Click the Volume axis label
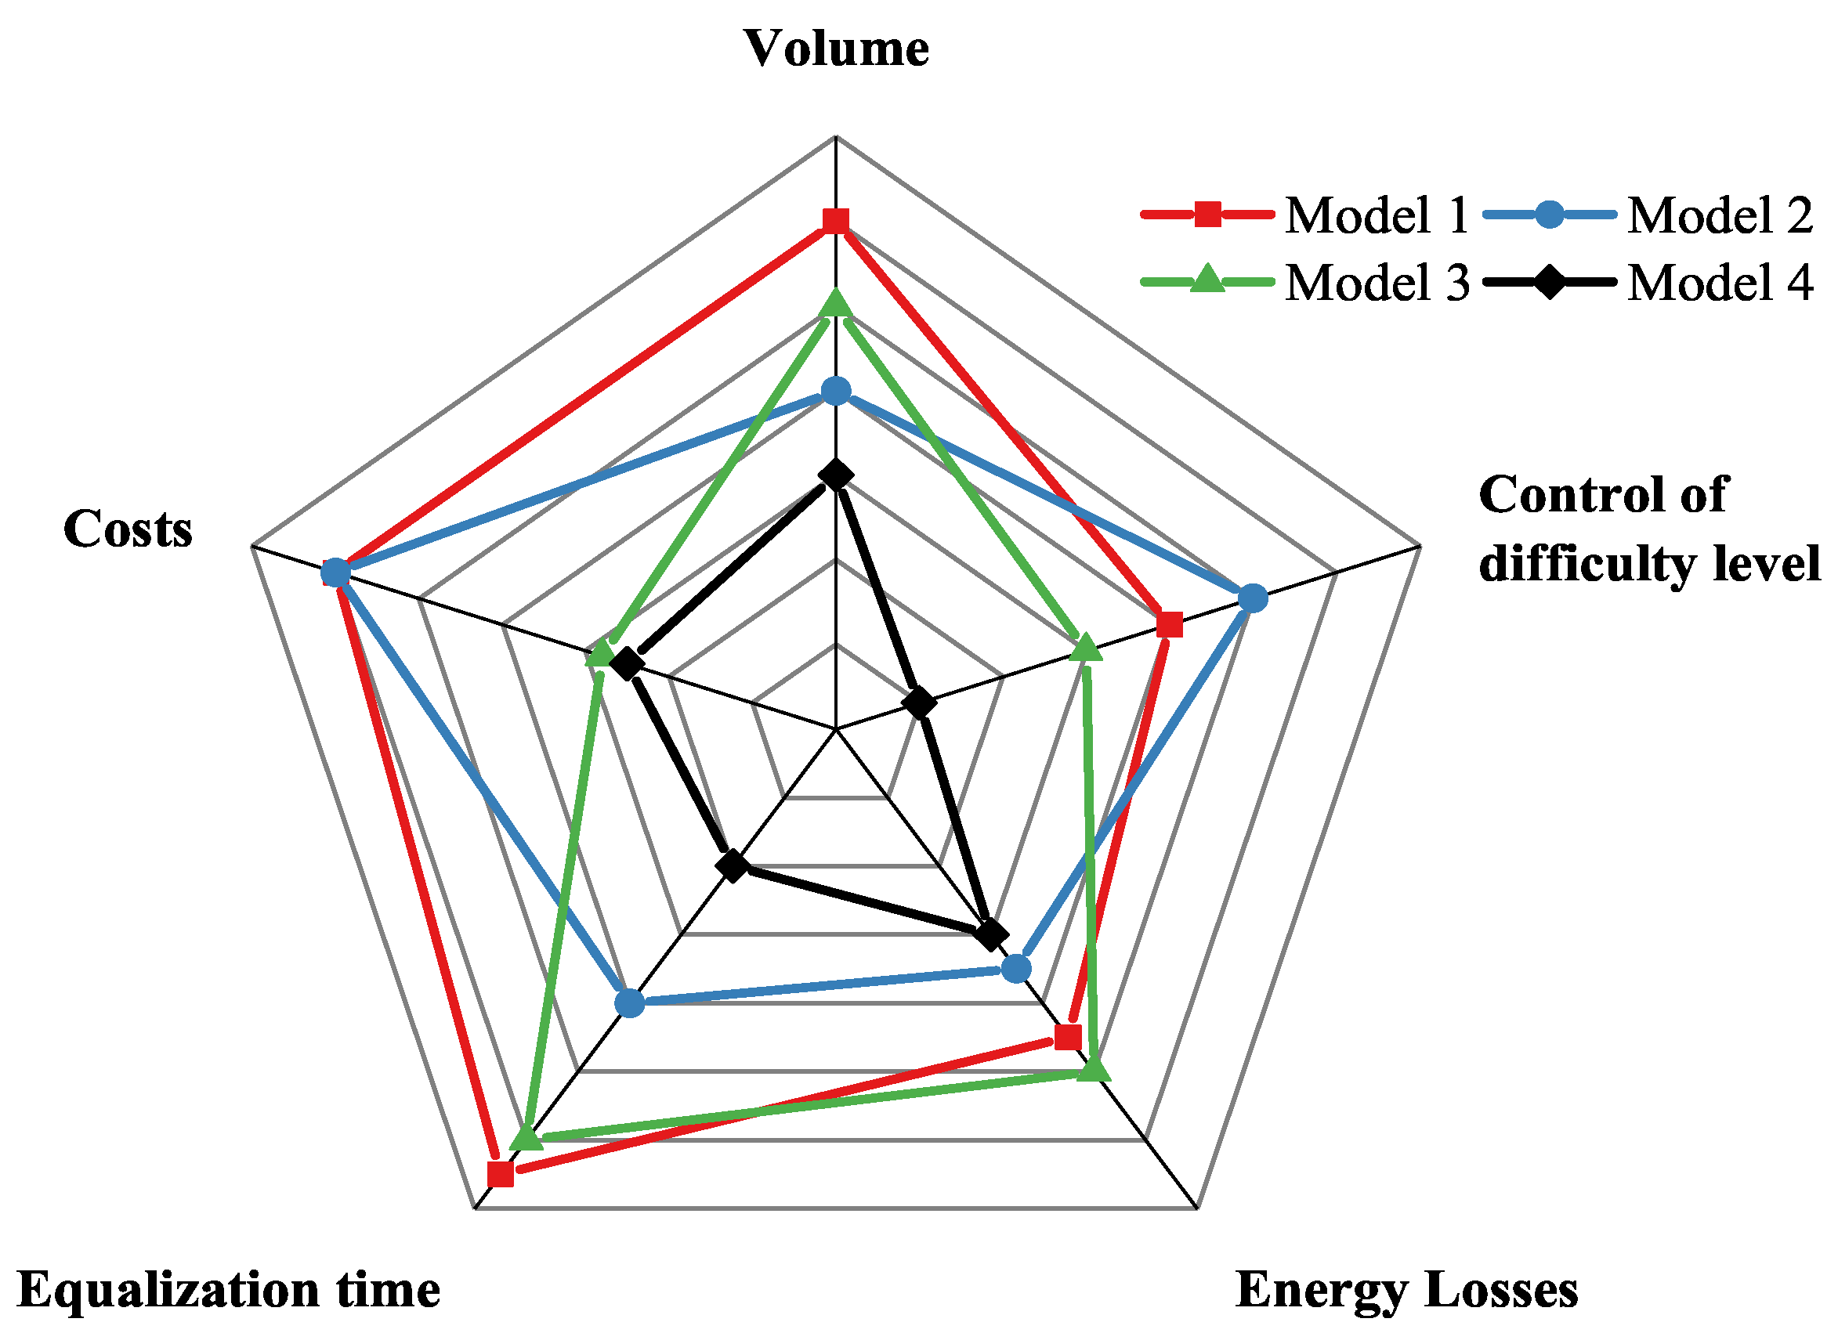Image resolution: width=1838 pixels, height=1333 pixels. click(x=835, y=49)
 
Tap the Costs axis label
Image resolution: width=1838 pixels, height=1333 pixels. click(x=128, y=529)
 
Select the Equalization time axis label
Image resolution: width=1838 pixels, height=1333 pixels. click(x=229, y=1288)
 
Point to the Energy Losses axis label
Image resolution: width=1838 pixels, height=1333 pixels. click(x=1407, y=1288)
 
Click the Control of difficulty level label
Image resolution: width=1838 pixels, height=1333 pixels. click(x=1648, y=529)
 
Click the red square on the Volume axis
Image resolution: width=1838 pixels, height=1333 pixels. click(x=835, y=220)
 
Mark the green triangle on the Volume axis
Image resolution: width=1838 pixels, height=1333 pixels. click(x=835, y=304)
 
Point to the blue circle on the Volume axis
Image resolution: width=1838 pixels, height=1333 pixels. click(x=835, y=392)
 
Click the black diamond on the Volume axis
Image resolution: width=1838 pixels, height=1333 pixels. click(x=835, y=475)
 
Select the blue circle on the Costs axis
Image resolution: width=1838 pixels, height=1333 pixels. click(x=335, y=573)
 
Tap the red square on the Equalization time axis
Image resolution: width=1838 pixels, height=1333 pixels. click(x=500, y=1173)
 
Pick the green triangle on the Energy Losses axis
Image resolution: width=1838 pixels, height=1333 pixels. click(x=1094, y=1070)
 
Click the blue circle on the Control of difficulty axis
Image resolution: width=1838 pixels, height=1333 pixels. click(x=1253, y=598)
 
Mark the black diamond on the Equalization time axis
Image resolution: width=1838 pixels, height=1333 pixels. click(x=733, y=865)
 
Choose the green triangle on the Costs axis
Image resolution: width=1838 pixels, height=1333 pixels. click(x=599, y=652)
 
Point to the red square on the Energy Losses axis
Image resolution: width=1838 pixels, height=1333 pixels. click(x=1068, y=1035)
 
